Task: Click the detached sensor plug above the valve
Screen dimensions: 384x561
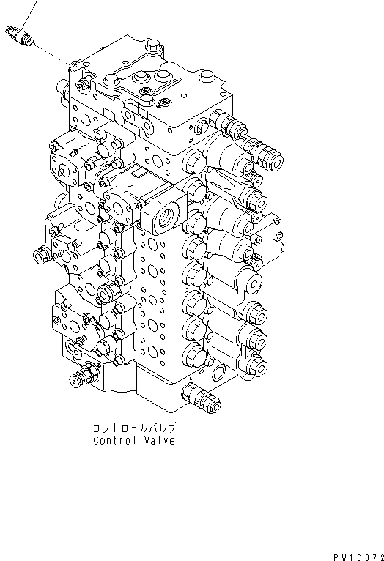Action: pyautogui.click(x=20, y=36)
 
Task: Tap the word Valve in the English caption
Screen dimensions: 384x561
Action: pyautogui.click(x=160, y=440)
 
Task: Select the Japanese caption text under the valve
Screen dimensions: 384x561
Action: pyautogui.click(x=135, y=428)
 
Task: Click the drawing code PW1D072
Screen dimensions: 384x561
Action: pyautogui.click(x=358, y=557)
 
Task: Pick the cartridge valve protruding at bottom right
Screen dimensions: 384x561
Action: pyautogui.click(x=201, y=398)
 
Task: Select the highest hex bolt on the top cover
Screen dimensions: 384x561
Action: pyautogui.click(x=154, y=46)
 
